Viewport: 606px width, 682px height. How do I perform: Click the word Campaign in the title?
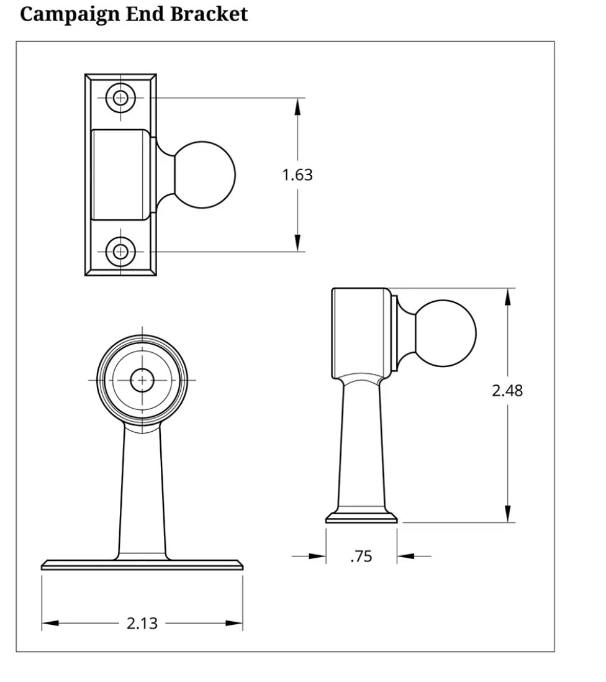pyautogui.click(x=71, y=14)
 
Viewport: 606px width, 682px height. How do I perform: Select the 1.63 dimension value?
pyautogui.click(x=297, y=175)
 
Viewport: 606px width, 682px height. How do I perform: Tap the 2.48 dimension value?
pyautogui.click(x=507, y=391)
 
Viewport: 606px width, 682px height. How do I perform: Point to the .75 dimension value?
pyautogui.click(x=361, y=557)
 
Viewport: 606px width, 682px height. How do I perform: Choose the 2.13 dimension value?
pyautogui.click(x=142, y=623)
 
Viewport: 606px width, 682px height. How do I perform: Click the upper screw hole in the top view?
pyautogui.click(x=120, y=98)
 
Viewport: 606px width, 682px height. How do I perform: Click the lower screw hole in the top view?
pyautogui.click(x=120, y=252)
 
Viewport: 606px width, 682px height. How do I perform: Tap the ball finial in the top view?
pyautogui.click(x=205, y=175)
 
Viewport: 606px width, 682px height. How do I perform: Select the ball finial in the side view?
pyautogui.click(x=445, y=334)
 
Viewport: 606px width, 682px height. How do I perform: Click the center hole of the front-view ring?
pyautogui.click(x=142, y=380)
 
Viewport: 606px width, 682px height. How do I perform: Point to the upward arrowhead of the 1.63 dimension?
pyautogui.click(x=297, y=107)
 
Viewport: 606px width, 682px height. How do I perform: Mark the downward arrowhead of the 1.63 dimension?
pyautogui.click(x=297, y=243)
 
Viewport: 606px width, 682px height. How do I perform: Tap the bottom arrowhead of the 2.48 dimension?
pyautogui.click(x=507, y=513)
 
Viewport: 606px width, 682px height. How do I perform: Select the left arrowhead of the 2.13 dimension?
pyautogui.click(x=50, y=623)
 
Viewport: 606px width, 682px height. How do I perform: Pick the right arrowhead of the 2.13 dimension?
pyautogui.click(x=234, y=623)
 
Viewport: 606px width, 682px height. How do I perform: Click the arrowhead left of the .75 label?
pyautogui.click(x=317, y=557)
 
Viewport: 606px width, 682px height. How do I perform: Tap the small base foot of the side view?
pyautogui.click(x=361, y=518)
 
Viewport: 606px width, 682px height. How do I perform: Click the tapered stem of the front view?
pyautogui.click(x=142, y=491)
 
